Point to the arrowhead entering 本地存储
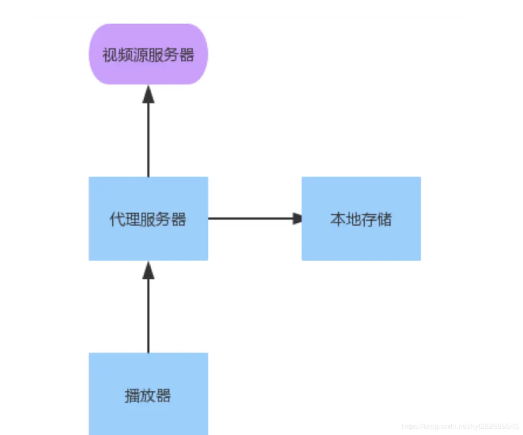(297, 218)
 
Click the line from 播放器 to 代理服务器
(148, 316)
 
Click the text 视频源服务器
(148, 55)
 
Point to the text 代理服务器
(148, 220)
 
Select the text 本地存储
(361, 219)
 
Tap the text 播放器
(148, 396)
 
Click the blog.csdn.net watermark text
(460, 426)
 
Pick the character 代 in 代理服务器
(117, 220)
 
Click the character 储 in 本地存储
(384, 219)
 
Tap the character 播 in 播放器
(132, 396)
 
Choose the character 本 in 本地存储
(338, 219)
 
